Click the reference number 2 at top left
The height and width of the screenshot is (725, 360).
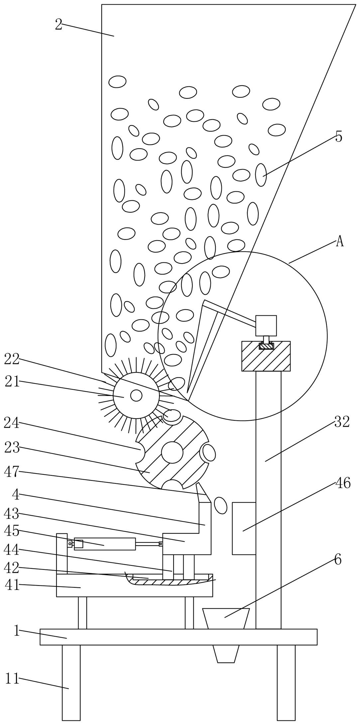[x=59, y=25]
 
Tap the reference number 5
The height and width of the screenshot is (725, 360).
[x=338, y=137]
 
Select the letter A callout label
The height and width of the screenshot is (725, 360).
[x=339, y=242]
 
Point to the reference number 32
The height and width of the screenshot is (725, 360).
[x=342, y=422]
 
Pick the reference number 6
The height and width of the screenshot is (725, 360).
[x=338, y=560]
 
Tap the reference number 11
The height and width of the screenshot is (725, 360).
[x=12, y=678]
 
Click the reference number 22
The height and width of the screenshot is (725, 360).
[x=12, y=360]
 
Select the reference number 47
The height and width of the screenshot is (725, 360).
[x=12, y=472]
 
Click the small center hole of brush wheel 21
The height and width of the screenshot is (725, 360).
[x=136, y=395]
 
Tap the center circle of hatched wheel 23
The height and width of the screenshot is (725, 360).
[x=172, y=452]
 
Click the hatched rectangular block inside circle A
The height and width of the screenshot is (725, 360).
[x=266, y=356]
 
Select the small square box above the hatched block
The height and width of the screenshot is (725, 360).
[x=266, y=326]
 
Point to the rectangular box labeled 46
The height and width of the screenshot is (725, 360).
[x=244, y=528]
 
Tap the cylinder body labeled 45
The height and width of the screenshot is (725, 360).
[x=105, y=544]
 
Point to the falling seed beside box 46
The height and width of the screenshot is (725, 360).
[x=221, y=505]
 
